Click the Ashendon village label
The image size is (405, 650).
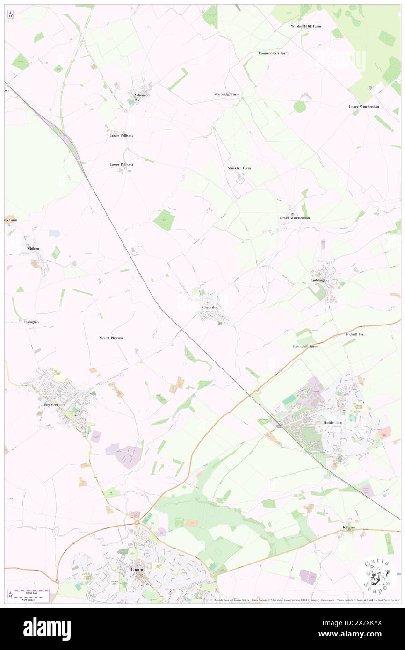click(x=142, y=95)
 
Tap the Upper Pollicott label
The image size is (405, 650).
click(x=121, y=135)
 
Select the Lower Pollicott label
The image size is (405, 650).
click(x=121, y=165)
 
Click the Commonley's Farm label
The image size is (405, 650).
click(x=273, y=53)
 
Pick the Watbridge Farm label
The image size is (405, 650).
click(x=227, y=94)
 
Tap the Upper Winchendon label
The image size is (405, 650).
click(x=364, y=107)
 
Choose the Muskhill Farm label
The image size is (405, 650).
click(x=239, y=168)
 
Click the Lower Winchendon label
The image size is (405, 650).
click(x=295, y=218)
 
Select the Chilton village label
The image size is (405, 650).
click(x=33, y=248)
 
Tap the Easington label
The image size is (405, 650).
click(x=31, y=322)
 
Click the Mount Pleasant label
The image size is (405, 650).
click(x=111, y=337)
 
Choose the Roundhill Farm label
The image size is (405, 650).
click(x=305, y=347)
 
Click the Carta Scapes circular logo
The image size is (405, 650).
click(x=377, y=574)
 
